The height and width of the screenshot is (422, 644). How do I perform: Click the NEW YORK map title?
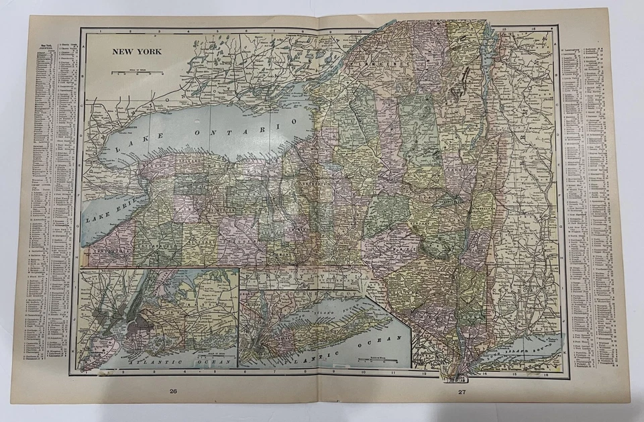click(x=136, y=51)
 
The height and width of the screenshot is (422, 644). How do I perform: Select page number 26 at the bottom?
click(x=173, y=391)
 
